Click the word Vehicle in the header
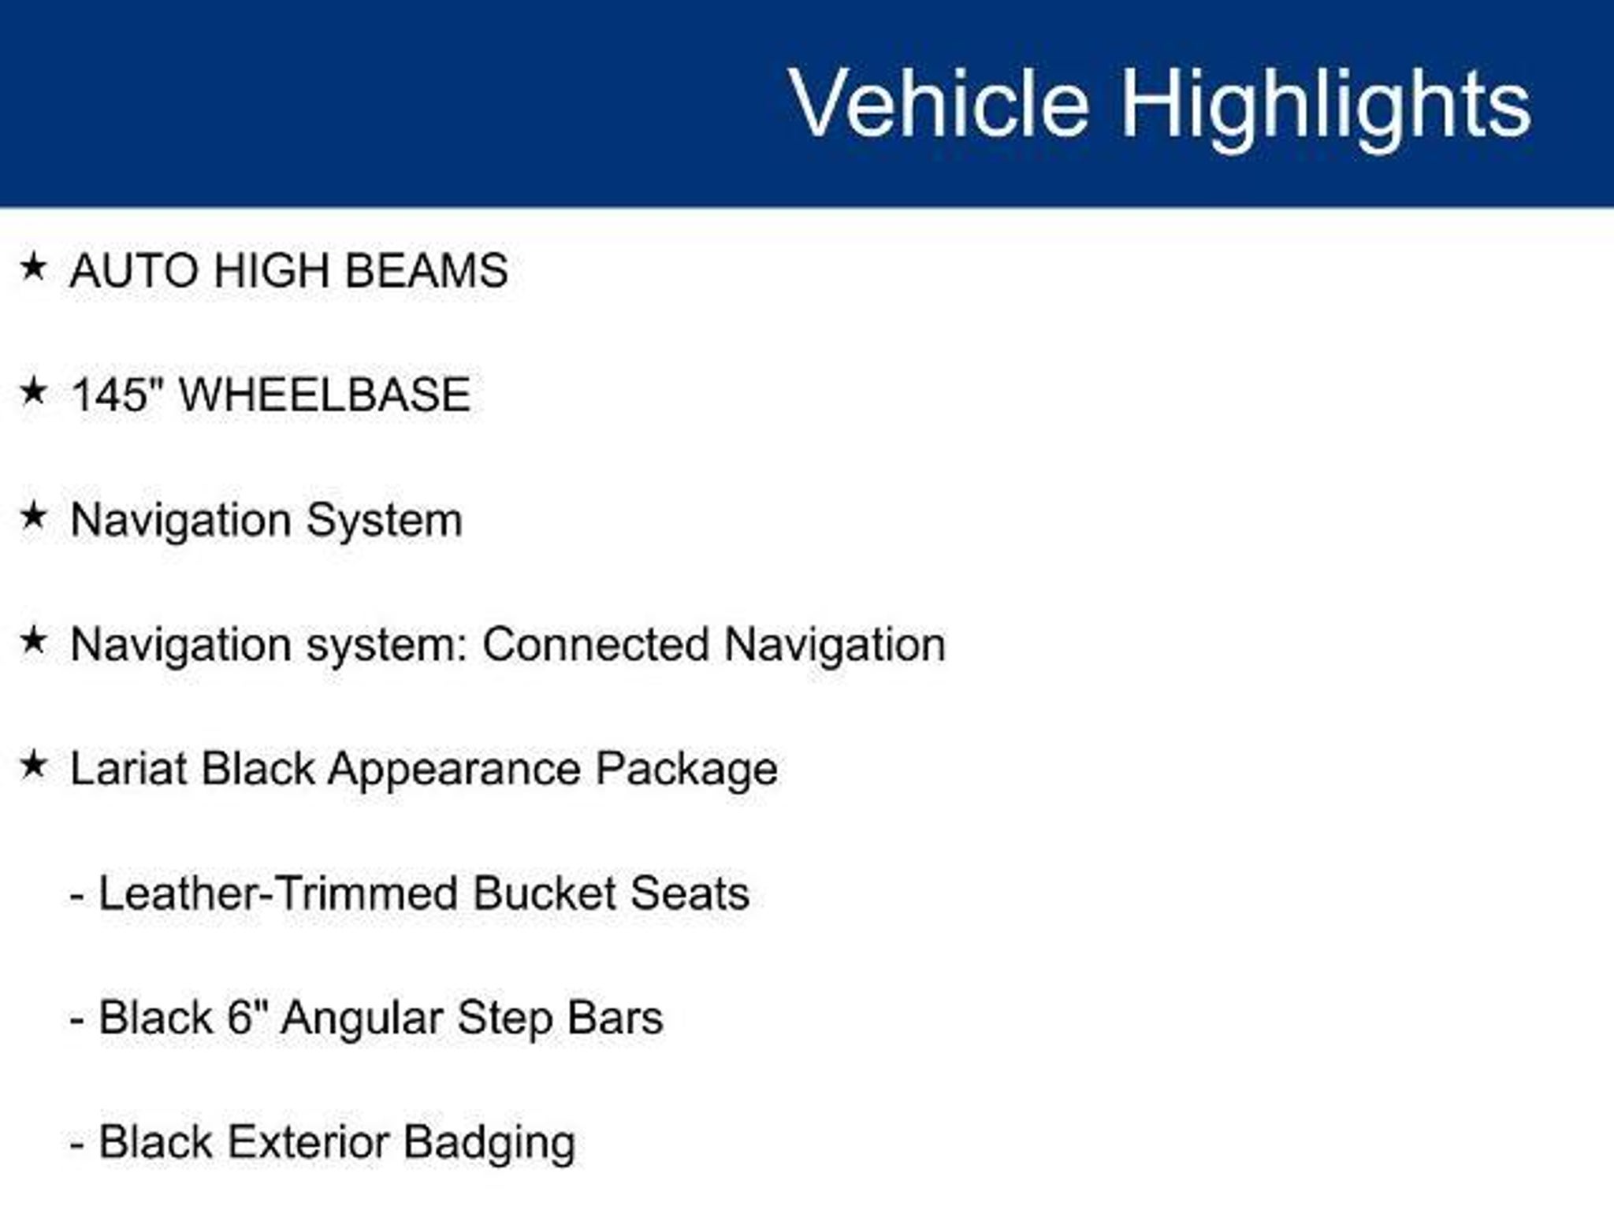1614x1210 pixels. tap(939, 103)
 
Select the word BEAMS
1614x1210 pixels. tap(426, 271)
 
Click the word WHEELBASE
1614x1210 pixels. tap(325, 395)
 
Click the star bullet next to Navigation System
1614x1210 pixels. tap(33, 516)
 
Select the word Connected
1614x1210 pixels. tap(596, 644)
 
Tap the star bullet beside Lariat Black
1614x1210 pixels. tap(33, 764)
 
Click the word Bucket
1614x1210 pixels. tap(544, 893)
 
